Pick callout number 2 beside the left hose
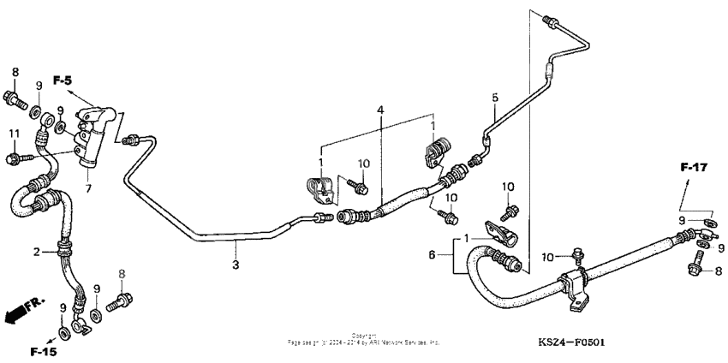click(x=37, y=252)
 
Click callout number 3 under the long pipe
click(x=236, y=266)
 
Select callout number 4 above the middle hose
click(x=380, y=110)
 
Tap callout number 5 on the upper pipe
click(x=494, y=97)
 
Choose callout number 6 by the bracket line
click(x=431, y=255)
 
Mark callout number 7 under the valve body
click(x=87, y=187)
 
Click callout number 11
click(x=14, y=134)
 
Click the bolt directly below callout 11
click(x=15, y=158)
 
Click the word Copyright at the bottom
click(x=363, y=336)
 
